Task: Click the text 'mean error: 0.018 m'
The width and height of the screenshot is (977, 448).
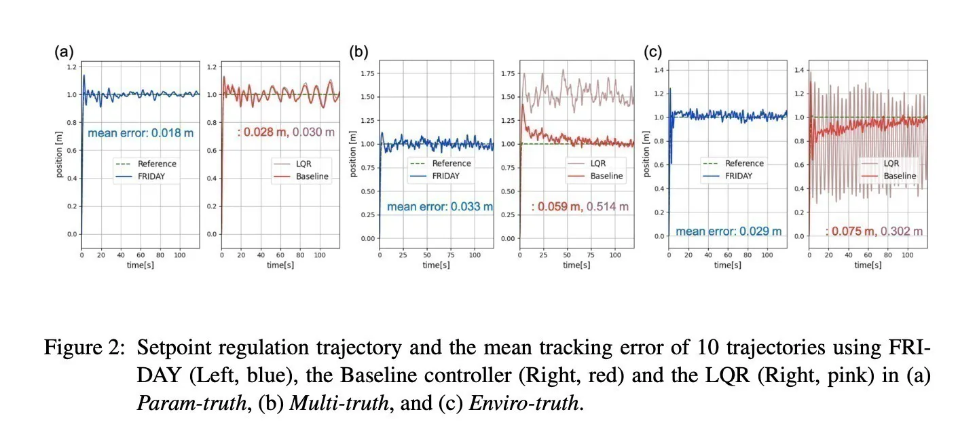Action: (x=141, y=133)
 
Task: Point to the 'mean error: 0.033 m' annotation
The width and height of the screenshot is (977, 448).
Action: (x=440, y=206)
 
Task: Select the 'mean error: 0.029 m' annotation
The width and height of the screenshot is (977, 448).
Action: (x=729, y=231)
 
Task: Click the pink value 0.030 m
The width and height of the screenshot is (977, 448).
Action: (x=314, y=132)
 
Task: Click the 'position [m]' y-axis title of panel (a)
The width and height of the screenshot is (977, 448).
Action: (x=60, y=156)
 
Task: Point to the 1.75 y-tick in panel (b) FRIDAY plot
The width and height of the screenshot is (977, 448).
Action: (x=368, y=73)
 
